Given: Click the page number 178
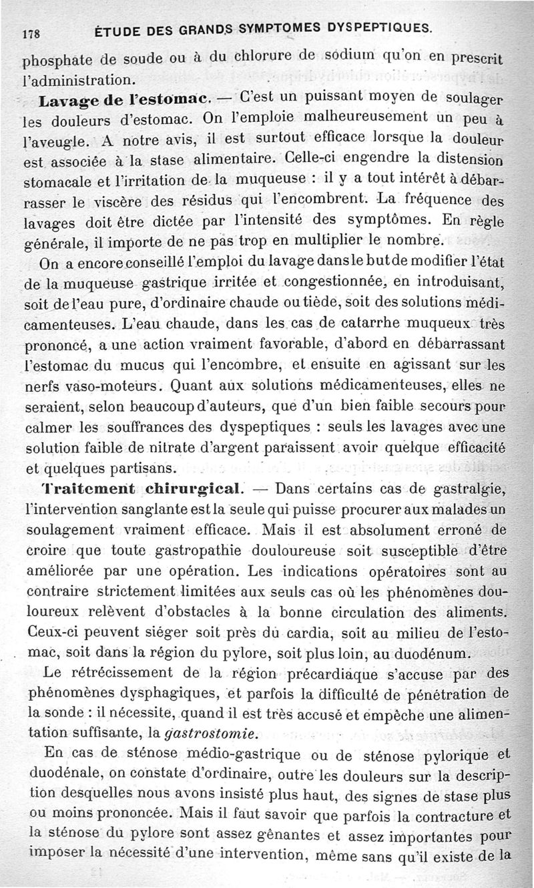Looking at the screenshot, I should pos(33,31).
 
